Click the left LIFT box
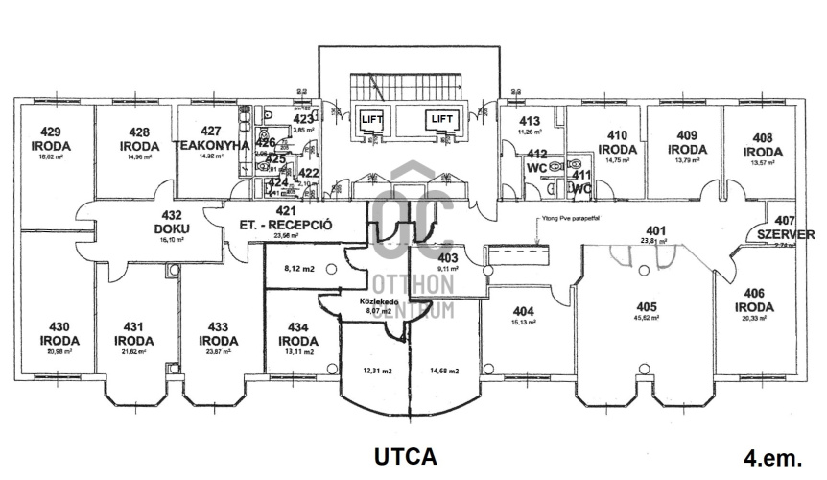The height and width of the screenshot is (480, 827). [x=371, y=119]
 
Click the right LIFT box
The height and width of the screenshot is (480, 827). [x=441, y=119]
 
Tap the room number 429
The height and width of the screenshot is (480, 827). [x=51, y=132]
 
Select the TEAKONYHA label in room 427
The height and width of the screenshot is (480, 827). [x=211, y=146]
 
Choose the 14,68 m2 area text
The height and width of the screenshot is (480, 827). [x=444, y=371]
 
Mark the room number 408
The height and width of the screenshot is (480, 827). [x=762, y=137]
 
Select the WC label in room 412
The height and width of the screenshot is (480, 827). [x=536, y=167]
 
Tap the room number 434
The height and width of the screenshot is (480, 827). [x=297, y=327]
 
